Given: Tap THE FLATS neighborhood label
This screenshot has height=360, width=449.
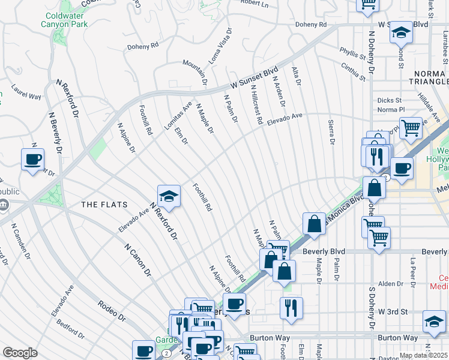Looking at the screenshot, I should [104, 205].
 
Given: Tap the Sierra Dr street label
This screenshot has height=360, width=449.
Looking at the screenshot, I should [331, 132].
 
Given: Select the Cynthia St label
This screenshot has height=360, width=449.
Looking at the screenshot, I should [353, 71].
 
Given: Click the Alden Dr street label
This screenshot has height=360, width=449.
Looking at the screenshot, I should [390, 284].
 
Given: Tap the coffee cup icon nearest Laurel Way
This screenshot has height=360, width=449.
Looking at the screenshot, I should [32, 159].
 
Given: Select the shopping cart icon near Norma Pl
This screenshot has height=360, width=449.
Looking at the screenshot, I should [411, 127].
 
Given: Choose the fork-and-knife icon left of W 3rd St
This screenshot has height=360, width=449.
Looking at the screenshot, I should [291, 307].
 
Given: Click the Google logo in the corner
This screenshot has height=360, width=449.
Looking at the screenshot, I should [20, 353].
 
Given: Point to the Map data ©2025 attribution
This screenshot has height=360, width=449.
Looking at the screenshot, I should [424, 355].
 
